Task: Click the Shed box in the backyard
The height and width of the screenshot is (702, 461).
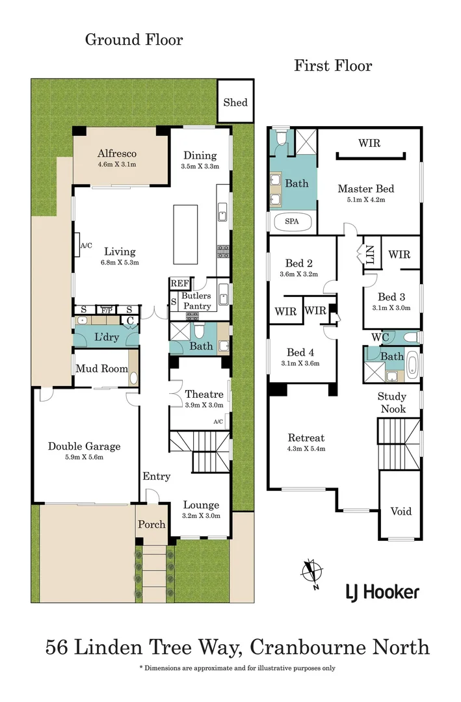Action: (235, 102)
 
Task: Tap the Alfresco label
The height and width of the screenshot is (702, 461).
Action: (117, 153)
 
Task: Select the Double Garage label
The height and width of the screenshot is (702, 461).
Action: (84, 447)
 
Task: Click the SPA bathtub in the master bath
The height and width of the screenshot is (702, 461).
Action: (292, 221)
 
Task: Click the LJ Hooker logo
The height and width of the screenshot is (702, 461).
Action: (382, 591)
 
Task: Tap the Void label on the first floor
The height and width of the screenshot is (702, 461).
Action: (401, 511)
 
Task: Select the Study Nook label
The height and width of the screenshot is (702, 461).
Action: (392, 402)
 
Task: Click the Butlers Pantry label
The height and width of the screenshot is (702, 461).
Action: (196, 301)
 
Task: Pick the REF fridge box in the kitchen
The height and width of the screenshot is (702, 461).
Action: (179, 283)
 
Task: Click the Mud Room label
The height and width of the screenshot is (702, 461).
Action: (101, 369)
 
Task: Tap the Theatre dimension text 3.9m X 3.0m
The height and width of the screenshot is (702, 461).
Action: (204, 405)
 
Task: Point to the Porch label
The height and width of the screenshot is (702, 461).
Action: (151, 524)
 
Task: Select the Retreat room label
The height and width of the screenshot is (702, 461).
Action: (306, 437)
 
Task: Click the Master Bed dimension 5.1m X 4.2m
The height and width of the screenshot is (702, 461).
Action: (365, 200)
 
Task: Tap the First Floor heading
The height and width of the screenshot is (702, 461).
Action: (333, 66)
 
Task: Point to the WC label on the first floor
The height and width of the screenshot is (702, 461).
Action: (380, 337)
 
